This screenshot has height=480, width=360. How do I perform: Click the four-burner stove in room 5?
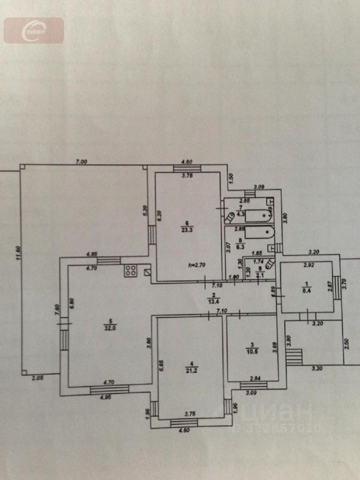coord(131,271)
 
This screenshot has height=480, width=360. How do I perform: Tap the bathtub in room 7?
coord(254,216)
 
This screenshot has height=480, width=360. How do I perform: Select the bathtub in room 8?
coord(255,232)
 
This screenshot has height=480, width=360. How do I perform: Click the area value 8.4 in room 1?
coord(304,288)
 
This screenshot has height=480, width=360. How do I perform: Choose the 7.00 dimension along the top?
coord(81,161)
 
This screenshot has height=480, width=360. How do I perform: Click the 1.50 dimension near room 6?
coord(231,177)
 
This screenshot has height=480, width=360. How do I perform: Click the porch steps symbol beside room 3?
coord(294,356)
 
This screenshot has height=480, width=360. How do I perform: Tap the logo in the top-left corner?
coord(34,30)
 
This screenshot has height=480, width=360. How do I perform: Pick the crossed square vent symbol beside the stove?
coord(146,272)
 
